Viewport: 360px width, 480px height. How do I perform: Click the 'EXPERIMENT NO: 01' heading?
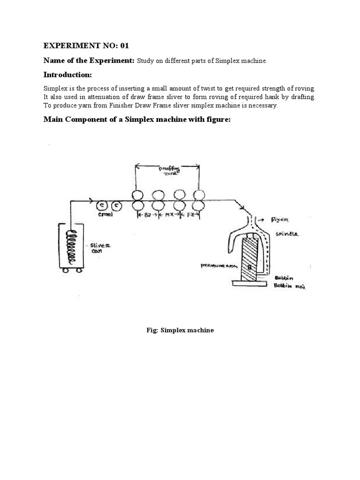(x=86, y=45)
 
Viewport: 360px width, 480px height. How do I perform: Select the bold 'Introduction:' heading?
(x=67, y=75)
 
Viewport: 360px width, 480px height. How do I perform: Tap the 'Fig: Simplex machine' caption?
(x=180, y=330)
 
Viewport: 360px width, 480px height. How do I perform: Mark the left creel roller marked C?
(x=101, y=205)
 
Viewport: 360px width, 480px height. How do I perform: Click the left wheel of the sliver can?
(x=66, y=270)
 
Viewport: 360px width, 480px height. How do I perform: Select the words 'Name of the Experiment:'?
(x=89, y=60)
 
